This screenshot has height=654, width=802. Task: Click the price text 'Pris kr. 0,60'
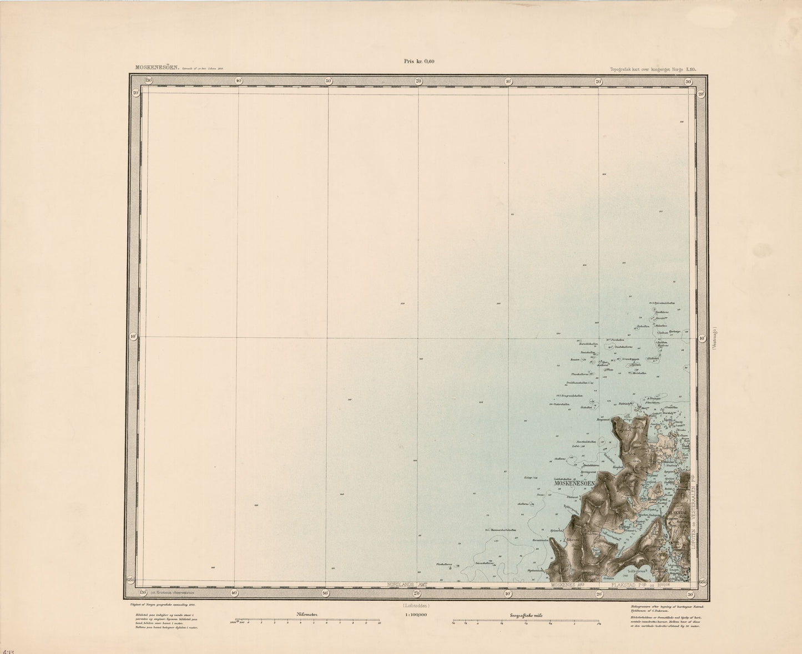pos(419,62)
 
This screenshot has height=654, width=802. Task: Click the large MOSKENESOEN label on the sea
pos(575,483)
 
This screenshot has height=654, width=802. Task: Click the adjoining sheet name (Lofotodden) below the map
pos(418,606)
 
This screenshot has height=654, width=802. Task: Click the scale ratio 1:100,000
pos(419,615)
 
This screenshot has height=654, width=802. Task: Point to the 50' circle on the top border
pos(328,81)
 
